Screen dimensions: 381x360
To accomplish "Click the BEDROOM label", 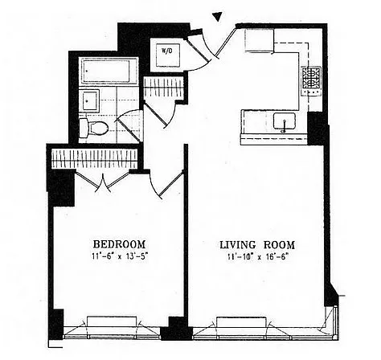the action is pyautogui.click(x=119, y=244).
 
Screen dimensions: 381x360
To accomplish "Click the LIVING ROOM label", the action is pyautogui.click(x=257, y=245).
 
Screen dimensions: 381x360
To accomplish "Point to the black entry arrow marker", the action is pyautogui.click(x=217, y=17).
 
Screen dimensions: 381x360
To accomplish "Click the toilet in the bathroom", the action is pyautogui.click(x=93, y=127).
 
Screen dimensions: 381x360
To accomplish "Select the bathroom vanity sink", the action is pyautogui.click(x=90, y=100).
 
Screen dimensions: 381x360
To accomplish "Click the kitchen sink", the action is pyautogui.click(x=285, y=121).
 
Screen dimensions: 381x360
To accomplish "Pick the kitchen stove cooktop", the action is pyautogui.click(x=311, y=78).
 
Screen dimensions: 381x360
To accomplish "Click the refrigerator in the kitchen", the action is pyautogui.click(x=260, y=40).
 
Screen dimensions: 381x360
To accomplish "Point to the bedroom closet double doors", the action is pyautogui.click(x=102, y=181).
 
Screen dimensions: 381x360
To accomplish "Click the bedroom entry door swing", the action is pyautogui.click(x=166, y=185).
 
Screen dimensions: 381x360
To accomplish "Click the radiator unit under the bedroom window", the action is pyautogui.click(x=112, y=321).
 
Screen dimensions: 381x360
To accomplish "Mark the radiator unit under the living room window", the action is pyautogui.click(x=241, y=322).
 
